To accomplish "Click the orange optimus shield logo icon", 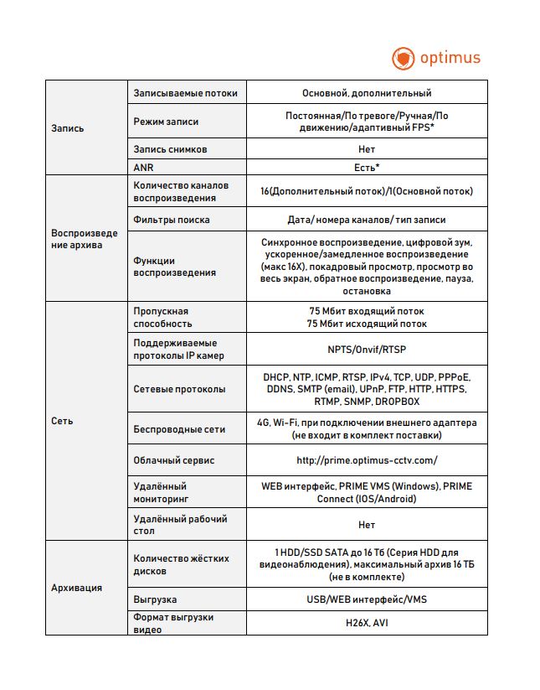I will point(404,59).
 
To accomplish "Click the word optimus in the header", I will point(450,58).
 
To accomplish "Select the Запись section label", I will point(68,128).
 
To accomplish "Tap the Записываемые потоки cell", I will point(185,93).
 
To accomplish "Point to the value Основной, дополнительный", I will point(367,93).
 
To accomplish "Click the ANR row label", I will point(144,167).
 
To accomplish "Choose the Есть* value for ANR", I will point(367,167).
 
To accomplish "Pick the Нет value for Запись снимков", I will point(367,149).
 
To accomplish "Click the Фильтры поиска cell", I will point(172,220).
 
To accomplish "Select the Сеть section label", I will point(62,421).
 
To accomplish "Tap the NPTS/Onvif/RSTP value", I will point(367,350).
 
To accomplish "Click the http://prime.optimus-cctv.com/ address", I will point(367,460).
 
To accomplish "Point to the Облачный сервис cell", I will point(174,460).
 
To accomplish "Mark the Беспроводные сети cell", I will point(179,429).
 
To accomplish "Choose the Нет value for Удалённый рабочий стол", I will point(367,525).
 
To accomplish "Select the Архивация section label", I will point(77,588).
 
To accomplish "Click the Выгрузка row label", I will point(155,600).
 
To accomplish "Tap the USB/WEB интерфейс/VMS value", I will point(367,600).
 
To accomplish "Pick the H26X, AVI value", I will point(367,623).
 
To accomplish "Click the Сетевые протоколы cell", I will point(179,389).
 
